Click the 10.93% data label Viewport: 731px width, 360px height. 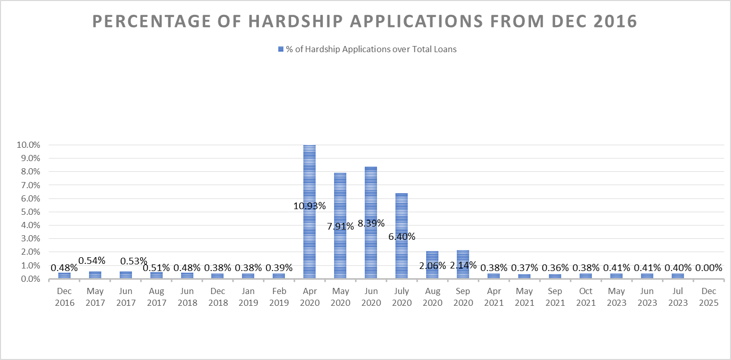click(309, 206)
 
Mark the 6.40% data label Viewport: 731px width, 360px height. click(402, 237)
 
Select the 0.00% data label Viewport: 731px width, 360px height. click(708, 267)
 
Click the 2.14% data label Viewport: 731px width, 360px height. click(463, 265)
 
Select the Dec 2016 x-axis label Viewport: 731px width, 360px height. click(64, 297)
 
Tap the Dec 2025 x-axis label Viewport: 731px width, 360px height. click(708, 297)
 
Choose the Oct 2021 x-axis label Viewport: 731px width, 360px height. click(586, 297)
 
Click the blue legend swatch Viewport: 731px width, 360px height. click(280, 50)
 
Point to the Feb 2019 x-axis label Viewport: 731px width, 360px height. click(279, 297)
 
